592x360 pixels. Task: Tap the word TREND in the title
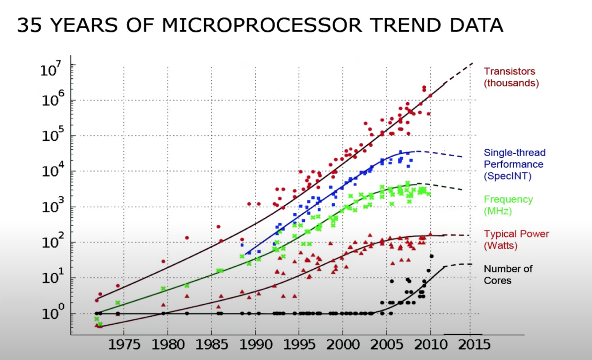(x=376, y=25)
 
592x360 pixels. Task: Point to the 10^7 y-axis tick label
(x=51, y=68)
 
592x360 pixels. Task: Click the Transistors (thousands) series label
(x=511, y=77)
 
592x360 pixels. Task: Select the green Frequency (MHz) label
(x=508, y=205)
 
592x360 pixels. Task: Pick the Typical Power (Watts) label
(x=516, y=240)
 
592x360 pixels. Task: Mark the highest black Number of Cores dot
(x=431, y=256)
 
